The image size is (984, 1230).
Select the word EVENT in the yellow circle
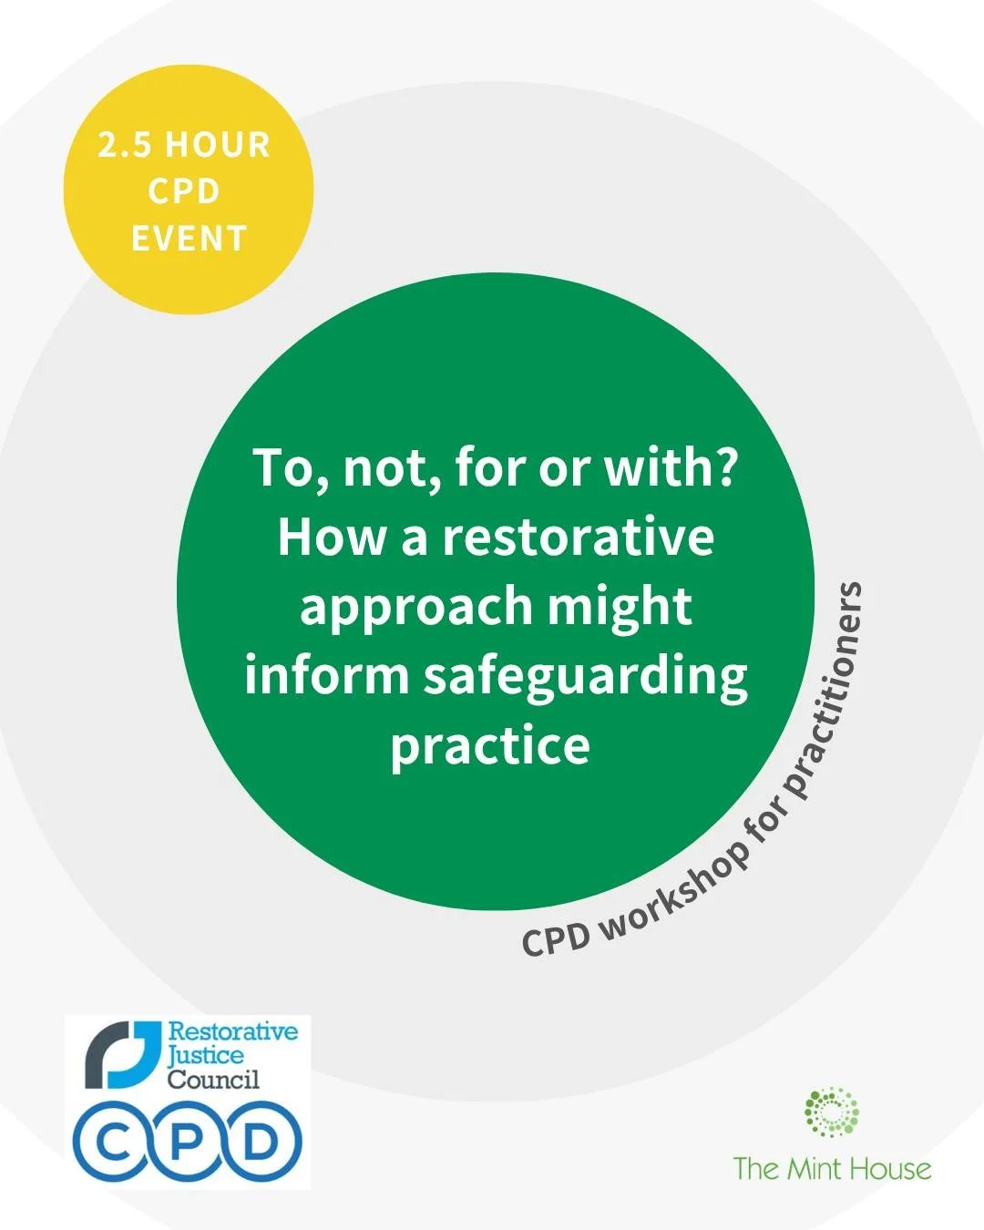click(x=189, y=239)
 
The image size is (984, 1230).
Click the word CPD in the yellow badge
click(x=185, y=192)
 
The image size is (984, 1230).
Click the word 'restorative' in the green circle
click(x=578, y=538)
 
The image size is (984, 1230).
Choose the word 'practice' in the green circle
click(x=490, y=745)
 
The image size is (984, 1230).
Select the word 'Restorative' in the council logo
click(x=233, y=1032)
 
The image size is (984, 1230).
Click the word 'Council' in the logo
click(x=212, y=1080)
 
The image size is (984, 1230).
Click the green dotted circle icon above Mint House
click(x=831, y=1113)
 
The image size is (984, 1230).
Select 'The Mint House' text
click(x=832, y=1169)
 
